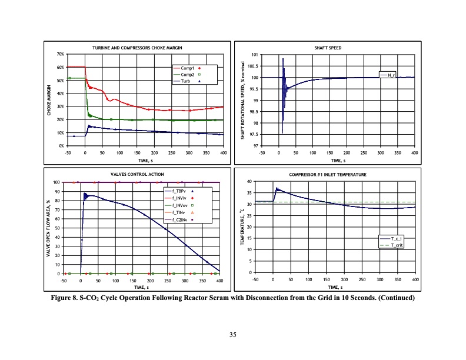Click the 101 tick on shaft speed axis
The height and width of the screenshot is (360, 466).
pos(255,55)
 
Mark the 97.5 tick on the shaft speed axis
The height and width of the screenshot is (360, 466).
pos(253,134)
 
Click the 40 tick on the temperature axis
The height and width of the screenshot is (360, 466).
pos(249,181)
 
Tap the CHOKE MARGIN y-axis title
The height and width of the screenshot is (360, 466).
pos(49,100)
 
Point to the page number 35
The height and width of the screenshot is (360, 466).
pos(233,335)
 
